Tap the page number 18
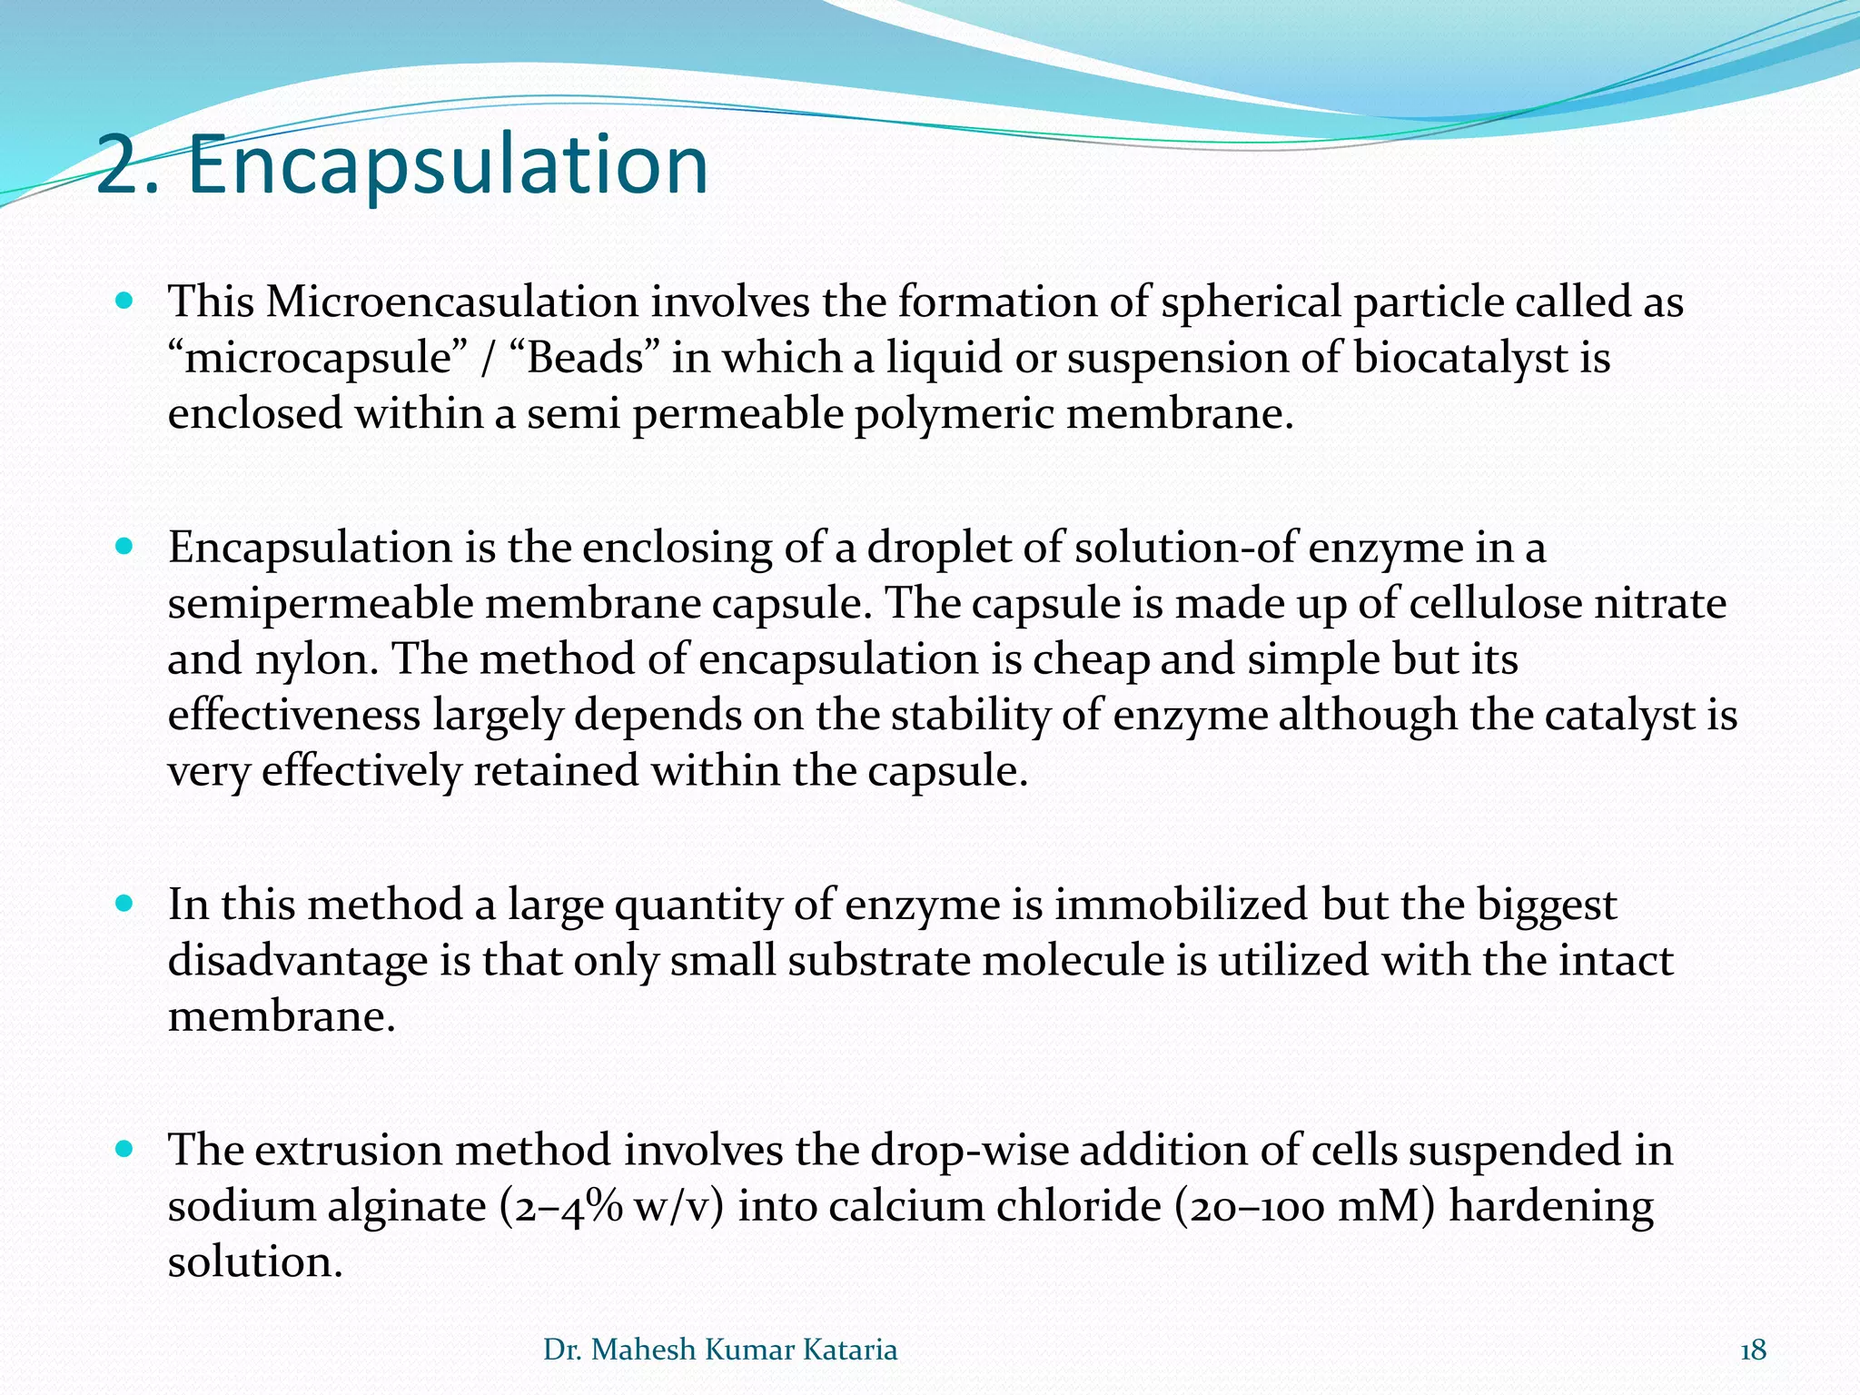pos(1753,1350)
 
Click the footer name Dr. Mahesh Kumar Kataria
pos(720,1350)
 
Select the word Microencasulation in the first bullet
pos(451,302)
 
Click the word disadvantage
pos(297,961)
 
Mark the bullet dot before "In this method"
pos(125,905)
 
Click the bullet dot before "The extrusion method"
pos(125,1150)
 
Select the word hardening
pos(1551,1207)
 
